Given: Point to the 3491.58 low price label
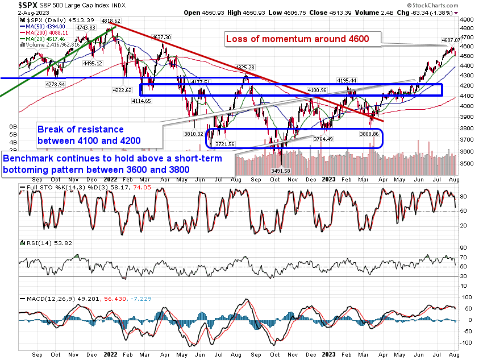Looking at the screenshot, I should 282,171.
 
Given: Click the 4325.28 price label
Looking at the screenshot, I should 245,67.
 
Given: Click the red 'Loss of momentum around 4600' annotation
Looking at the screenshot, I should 298,39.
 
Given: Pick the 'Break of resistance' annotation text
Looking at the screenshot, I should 81,129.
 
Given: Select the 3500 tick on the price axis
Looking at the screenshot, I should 467,164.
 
